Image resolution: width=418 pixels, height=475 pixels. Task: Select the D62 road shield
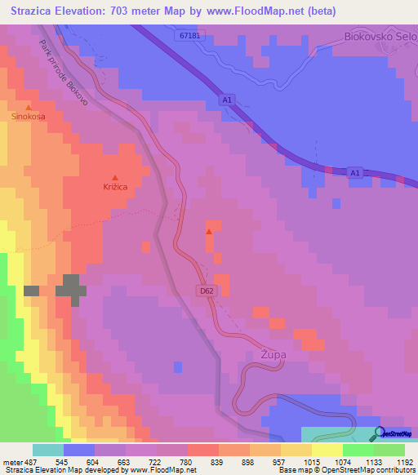(x=208, y=290)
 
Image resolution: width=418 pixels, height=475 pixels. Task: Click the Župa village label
(x=272, y=356)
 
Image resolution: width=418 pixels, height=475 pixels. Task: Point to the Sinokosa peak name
(x=29, y=118)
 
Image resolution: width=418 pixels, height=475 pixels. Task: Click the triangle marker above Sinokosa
(x=29, y=107)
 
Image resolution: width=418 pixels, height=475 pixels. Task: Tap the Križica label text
(x=114, y=188)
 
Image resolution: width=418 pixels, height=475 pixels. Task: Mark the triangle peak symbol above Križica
(x=114, y=177)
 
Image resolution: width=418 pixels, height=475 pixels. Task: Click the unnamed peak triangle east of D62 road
(x=209, y=232)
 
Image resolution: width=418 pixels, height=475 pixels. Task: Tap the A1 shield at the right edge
(x=354, y=173)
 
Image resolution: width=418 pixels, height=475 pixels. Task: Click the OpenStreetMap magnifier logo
(x=379, y=433)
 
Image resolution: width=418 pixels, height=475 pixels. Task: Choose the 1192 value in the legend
(x=394, y=461)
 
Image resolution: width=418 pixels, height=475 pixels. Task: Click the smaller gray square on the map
(x=32, y=291)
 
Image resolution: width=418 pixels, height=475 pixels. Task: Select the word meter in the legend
(x=13, y=461)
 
